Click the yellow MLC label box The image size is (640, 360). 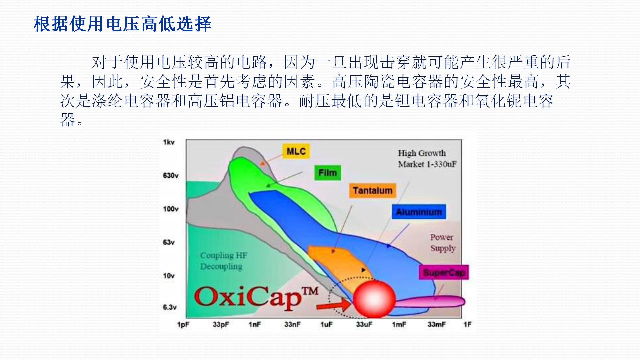pyautogui.click(x=296, y=151)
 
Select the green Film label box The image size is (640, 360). pyautogui.click(x=328, y=173)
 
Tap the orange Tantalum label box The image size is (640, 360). pyautogui.click(x=373, y=190)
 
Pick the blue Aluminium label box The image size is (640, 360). pyautogui.click(x=419, y=212)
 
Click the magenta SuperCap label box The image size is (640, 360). pyautogui.click(x=444, y=272)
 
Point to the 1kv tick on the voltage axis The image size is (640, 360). pyautogui.click(x=169, y=142)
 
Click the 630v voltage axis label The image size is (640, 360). pyautogui.click(x=171, y=175)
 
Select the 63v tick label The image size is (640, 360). pyautogui.click(x=169, y=242)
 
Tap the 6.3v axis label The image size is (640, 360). pyautogui.click(x=170, y=307)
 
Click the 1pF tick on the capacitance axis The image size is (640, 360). pyautogui.click(x=183, y=324)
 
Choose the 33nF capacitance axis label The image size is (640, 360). pyautogui.click(x=292, y=324)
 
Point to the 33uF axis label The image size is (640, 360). pyautogui.click(x=364, y=324)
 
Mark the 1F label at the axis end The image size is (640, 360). pyautogui.click(x=467, y=324)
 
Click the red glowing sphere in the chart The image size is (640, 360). pyautogui.click(x=374, y=298)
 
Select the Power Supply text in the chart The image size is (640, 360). pyautogui.click(x=443, y=243)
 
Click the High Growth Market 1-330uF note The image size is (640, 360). pyautogui.click(x=427, y=158)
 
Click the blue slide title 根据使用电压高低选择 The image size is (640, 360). pyautogui.click(x=123, y=24)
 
